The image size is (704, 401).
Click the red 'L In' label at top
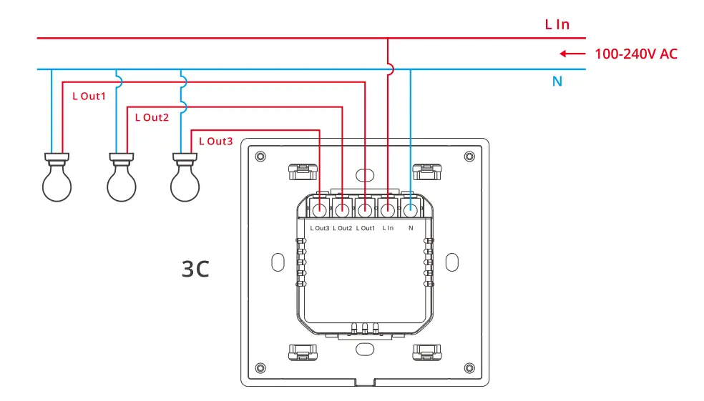tap(557, 24)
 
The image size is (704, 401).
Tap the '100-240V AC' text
tap(635, 54)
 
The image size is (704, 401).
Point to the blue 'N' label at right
tap(557, 81)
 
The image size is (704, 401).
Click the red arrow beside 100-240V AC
tap(572, 54)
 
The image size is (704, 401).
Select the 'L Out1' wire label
tap(89, 96)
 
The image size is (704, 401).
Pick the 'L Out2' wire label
tap(152, 117)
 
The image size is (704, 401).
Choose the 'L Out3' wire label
tap(215, 142)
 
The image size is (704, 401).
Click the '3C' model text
tap(195, 270)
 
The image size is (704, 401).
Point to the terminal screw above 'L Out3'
tap(319, 210)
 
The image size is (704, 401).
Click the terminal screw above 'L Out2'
tap(342, 210)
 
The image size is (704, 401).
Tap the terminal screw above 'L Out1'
tap(365, 210)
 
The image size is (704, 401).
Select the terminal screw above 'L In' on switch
tap(388, 210)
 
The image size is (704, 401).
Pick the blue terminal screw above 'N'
tap(411, 210)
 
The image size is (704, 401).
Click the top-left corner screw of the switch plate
tap(260, 156)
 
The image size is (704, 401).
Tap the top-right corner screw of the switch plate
tap(469, 156)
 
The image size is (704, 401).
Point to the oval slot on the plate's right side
tap(451, 262)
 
